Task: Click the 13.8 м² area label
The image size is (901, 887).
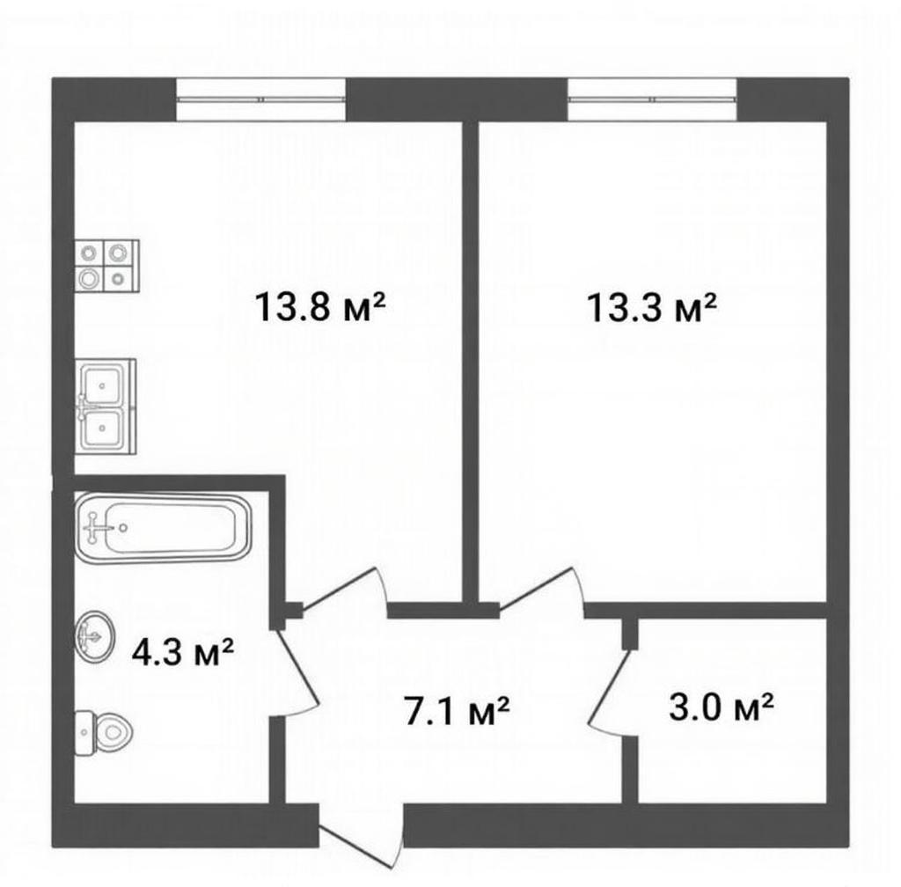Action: pyautogui.click(x=319, y=306)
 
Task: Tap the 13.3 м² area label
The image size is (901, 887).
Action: pyautogui.click(x=652, y=307)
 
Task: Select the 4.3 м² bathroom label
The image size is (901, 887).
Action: pyautogui.click(x=183, y=653)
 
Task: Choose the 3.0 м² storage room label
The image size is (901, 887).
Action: pyautogui.click(x=721, y=707)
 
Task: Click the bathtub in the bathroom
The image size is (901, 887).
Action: pyautogui.click(x=164, y=527)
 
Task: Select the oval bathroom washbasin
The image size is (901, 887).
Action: pyautogui.click(x=95, y=636)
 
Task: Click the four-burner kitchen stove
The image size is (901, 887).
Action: pyautogui.click(x=107, y=266)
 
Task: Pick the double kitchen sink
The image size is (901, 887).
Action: pyautogui.click(x=106, y=407)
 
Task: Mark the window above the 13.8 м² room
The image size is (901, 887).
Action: pyautogui.click(x=260, y=99)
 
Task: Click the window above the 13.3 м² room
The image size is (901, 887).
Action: pyautogui.click(x=652, y=99)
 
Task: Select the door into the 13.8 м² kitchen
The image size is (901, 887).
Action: pyautogui.click(x=345, y=591)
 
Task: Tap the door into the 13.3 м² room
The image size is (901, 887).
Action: pyautogui.click(x=542, y=591)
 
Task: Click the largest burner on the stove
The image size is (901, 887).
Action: pyautogui.click(x=89, y=279)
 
